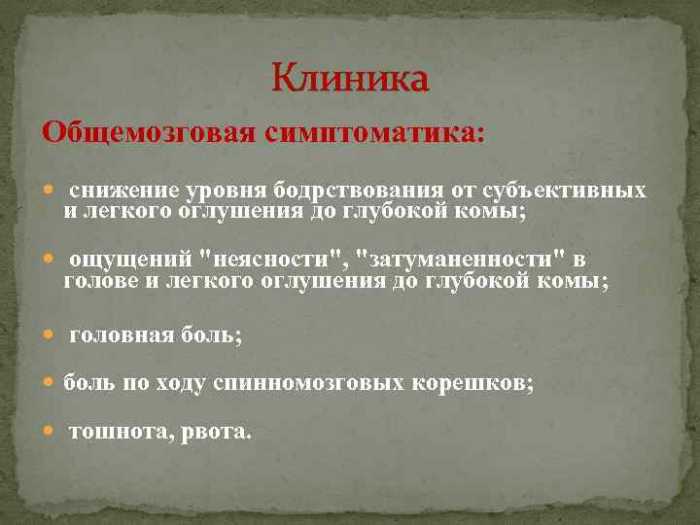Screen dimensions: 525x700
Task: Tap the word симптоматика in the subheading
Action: [x=373, y=132]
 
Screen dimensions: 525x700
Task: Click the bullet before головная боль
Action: [x=51, y=335]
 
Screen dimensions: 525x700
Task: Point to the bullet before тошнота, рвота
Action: [x=51, y=433]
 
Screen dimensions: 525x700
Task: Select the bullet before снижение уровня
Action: [x=51, y=190]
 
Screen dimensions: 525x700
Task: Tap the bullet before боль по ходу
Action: [x=51, y=384]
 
